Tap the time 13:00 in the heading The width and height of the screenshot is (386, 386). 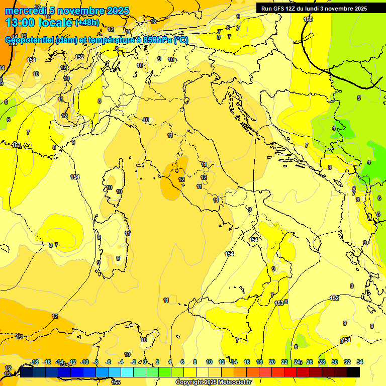(20, 23)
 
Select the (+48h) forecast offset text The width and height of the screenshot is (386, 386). (87, 23)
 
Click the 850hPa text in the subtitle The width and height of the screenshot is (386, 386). (155, 40)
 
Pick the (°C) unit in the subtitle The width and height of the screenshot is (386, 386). (181, 40)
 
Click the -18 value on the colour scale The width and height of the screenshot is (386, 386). (34, 362)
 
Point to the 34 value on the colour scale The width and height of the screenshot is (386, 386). (360, 362)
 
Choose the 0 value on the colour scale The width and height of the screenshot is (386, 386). (145, 362)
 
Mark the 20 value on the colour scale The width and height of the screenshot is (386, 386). (272, 362)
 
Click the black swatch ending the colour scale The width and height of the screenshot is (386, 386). (353, 372)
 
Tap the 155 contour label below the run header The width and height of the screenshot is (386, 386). (308, 19)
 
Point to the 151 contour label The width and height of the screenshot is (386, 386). (31, 60)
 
